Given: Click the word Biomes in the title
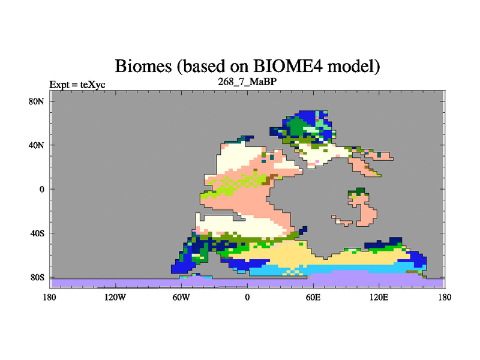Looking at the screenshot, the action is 143,66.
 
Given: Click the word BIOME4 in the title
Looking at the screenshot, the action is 288,65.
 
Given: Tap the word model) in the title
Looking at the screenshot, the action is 354,67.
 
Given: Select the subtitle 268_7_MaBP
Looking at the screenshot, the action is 247,82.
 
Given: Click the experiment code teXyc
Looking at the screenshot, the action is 93,85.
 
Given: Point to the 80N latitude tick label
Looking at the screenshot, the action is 37,101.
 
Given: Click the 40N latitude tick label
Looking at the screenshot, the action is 37,145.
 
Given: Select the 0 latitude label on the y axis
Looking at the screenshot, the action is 41,190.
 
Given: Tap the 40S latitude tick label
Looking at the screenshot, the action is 37,233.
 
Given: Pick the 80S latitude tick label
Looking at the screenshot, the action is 37,278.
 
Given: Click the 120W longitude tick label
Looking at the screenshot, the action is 115,297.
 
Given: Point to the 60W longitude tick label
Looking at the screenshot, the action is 181,297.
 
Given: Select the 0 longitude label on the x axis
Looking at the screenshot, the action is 247,297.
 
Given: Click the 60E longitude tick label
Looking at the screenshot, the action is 313,297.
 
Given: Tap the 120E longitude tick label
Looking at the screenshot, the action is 379,297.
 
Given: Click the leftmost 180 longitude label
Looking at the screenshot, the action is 50,297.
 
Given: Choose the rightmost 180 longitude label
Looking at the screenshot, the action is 445,297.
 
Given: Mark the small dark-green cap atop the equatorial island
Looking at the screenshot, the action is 359,191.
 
